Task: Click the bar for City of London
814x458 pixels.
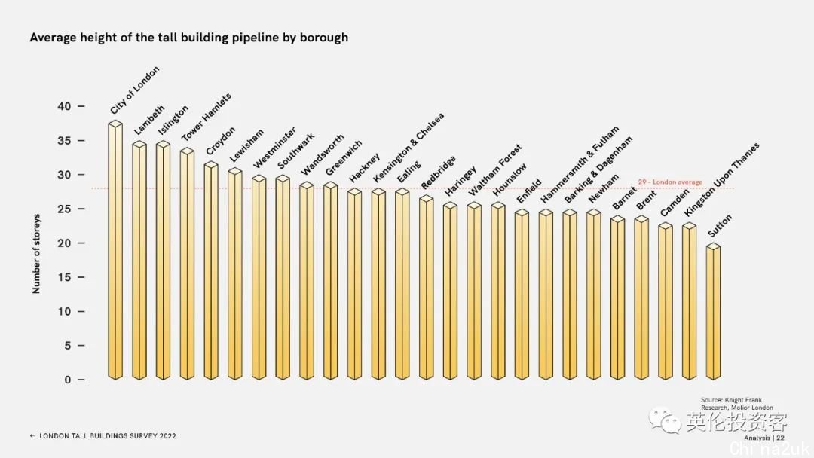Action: pyautogui.click(x=115, y=252)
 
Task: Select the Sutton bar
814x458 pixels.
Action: pyautogui.click(x=713, y=313)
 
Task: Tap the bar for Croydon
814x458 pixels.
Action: pyautogui.click(x=211, y=271)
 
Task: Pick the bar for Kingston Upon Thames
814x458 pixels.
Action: pyautogui.click(x=689, y=301)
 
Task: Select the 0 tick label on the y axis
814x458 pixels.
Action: pyautogui.click(x=68, y=380)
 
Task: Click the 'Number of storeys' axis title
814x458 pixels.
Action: pyautogui.click(x=36, y=254)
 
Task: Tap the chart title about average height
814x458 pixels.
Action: pyautogui.click(x=188, y=37)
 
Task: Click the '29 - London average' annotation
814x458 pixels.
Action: pyautogui.click(x=670, y=182)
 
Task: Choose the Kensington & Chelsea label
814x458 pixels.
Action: pyautogui.click(x=409, y=148)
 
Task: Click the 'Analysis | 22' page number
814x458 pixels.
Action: pyautogui.click(x=764, y=438)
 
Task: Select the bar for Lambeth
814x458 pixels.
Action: pyautogui.click(x=139, y=260)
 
